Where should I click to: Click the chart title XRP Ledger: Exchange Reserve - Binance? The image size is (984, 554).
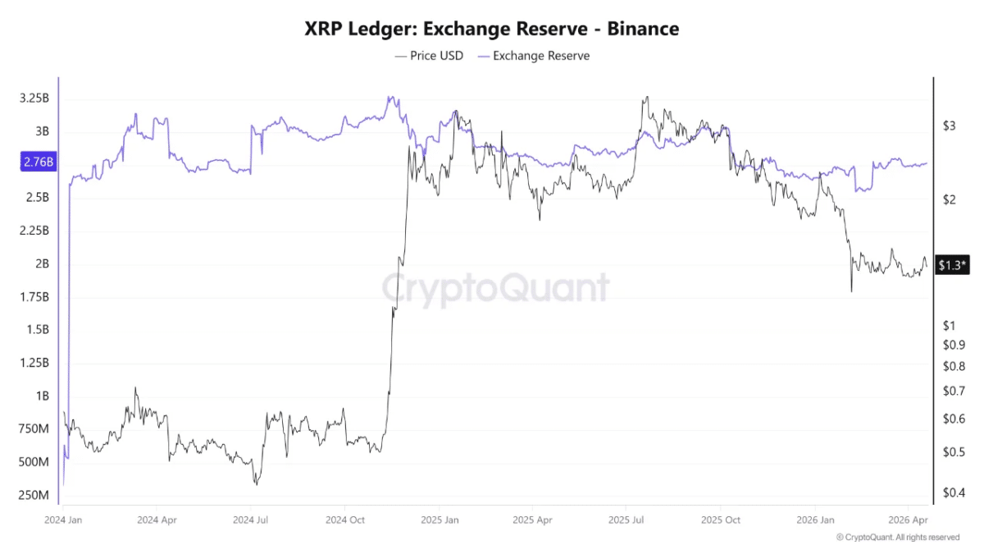492,29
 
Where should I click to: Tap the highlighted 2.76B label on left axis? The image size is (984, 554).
38,163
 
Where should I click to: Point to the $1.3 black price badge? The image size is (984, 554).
952,264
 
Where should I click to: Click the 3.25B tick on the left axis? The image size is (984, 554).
34,98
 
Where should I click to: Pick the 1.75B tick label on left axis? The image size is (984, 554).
34,296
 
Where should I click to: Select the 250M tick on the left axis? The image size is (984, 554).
34,496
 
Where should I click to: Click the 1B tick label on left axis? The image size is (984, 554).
41,396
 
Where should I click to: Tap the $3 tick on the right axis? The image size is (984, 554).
949,126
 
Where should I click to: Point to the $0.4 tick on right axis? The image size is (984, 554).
953,492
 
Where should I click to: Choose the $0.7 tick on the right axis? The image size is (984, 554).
953,391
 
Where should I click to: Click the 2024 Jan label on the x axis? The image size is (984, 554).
63,520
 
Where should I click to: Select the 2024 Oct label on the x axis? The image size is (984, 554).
344,520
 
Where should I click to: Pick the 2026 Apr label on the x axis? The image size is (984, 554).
908,520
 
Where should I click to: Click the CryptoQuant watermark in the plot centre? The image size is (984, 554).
496,288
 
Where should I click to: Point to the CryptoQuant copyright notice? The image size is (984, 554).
897,538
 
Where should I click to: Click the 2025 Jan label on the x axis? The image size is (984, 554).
440,520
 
